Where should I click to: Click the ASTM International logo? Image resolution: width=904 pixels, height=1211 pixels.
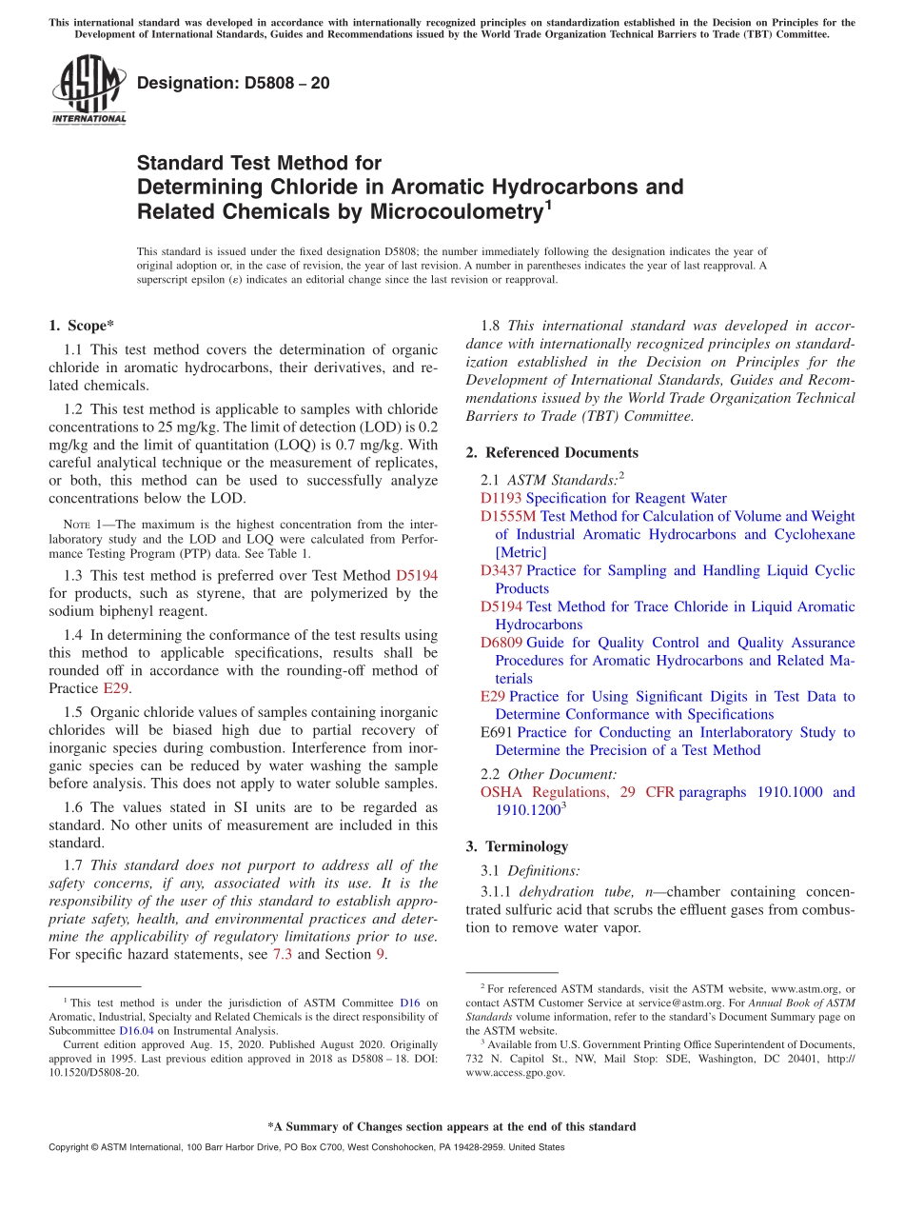click(88, 90)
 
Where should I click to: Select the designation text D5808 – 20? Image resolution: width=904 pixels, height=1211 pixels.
click(233, 83)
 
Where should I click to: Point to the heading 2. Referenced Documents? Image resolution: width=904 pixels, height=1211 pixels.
click(552, 452)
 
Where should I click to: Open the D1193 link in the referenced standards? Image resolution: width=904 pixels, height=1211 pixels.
click(501, 498)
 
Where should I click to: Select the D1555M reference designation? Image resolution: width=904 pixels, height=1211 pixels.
click(508, 516)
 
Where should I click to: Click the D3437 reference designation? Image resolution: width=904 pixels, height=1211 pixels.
click(501, 570)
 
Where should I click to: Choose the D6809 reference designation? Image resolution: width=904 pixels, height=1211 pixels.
click(501, 643)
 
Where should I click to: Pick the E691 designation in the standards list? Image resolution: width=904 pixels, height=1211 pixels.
click(497, 732)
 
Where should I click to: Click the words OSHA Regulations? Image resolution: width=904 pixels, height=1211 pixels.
click(543, 792)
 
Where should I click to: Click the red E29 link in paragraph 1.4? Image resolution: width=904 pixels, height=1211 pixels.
click(115, 688)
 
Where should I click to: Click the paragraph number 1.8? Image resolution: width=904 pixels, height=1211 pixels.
click(492, 326)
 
